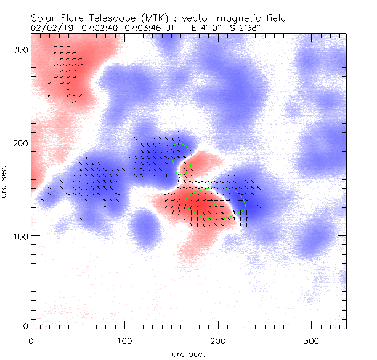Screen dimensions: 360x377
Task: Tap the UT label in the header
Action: click(170, 28)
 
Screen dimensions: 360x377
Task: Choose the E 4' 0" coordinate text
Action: click(204, 28)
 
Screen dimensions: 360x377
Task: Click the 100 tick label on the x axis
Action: click(124, 340)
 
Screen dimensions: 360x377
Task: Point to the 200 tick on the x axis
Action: click(217, 340)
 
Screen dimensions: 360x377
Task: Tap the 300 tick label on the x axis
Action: click(311, 340)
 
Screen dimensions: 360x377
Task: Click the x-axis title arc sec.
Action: click(188, 353)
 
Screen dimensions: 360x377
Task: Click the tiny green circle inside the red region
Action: click(217, 204)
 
